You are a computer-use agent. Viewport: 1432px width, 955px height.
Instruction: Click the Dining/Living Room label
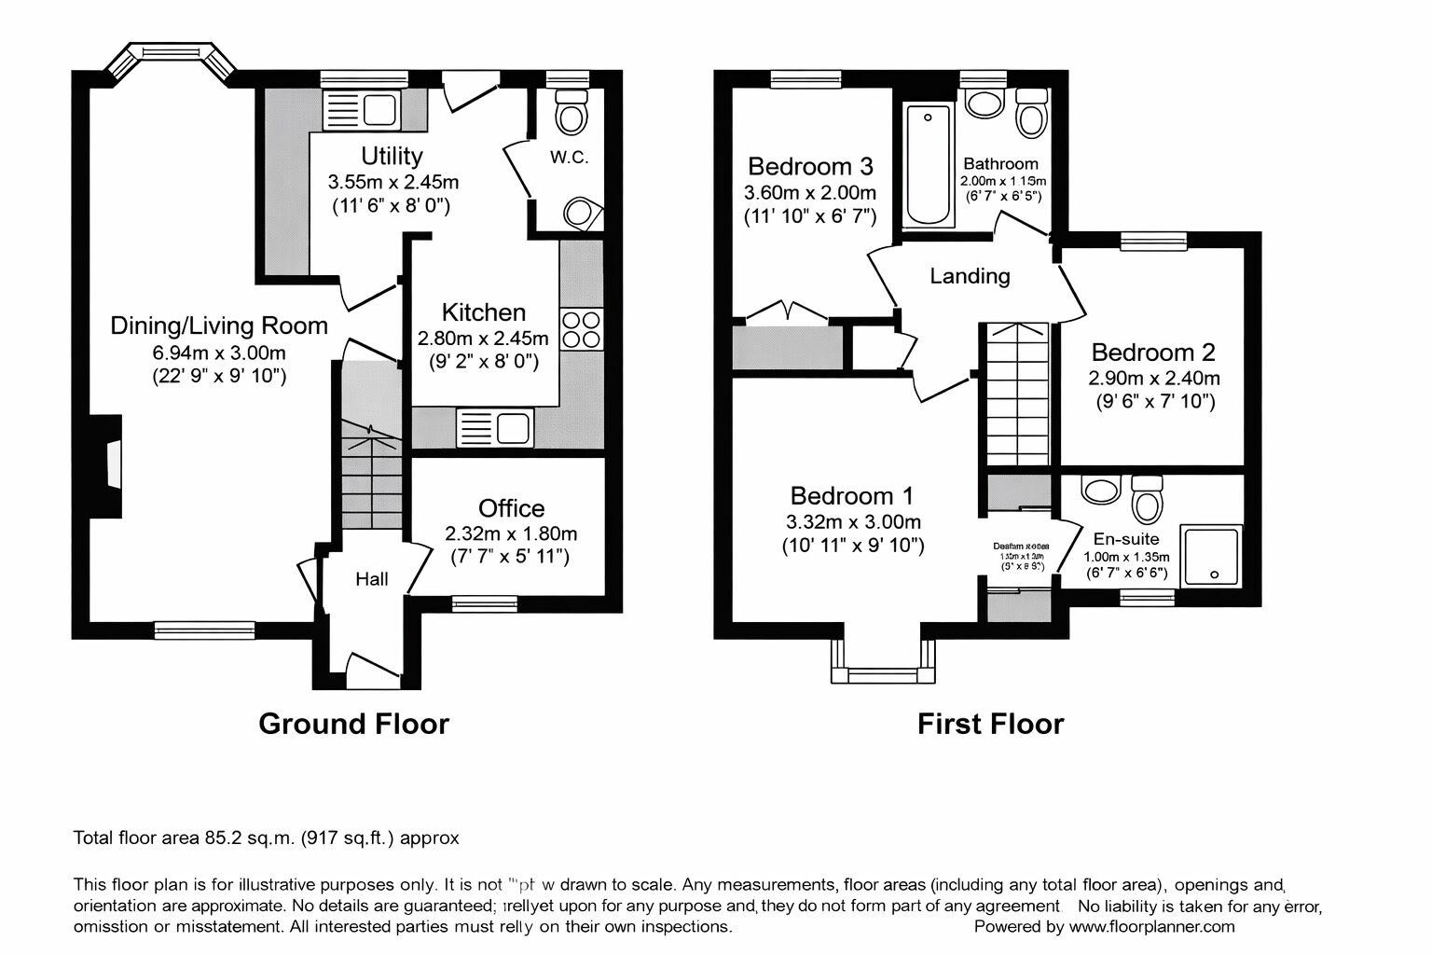pyautogui.click(x=219, y=325)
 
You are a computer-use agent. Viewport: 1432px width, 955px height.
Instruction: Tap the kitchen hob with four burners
pyautogui.click(x=582, y=329)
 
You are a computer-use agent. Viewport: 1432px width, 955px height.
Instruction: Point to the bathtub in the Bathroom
pyautogui.click(x=928, y=165)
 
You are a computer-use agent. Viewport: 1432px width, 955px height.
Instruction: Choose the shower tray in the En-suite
pyautogui.click(x=1212, y=557)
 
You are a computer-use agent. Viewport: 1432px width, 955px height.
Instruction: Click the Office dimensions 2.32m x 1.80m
pyautogui.click(x=511, y=533)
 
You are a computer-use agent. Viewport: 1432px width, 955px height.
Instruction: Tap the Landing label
pyautogui.click(x=970, y=276)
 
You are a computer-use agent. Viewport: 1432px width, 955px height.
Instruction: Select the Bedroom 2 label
pyautogui.click(x=1153, y=353)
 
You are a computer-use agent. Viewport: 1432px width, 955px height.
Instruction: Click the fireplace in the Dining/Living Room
pyautogui.click(x=111, y=464)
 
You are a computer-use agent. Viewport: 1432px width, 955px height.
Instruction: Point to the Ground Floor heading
pyautogui.click(x=353, y=724)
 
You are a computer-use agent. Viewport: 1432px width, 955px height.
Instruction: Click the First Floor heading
pyautogui.click(x=990, y=724)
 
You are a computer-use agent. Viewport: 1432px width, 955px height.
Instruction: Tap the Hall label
pyautogui.click(x=372, y=579)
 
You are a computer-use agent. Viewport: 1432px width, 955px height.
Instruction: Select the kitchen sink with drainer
pyautogui.click(x=494, y=428)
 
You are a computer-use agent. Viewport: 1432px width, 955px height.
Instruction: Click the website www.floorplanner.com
pyautogui.click(x=1151, y=926)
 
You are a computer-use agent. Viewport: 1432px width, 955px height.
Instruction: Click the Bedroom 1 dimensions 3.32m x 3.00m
pyautogui.click(x=852, y=521)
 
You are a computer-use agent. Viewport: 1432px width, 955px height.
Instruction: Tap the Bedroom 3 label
pyautogui.click(x=810, y=166)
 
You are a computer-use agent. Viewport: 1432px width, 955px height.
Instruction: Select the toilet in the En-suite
pyautogui.click(x=1147, y=501)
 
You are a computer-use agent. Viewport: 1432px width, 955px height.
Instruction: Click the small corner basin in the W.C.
pyautogui.click(x=582, y=213)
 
